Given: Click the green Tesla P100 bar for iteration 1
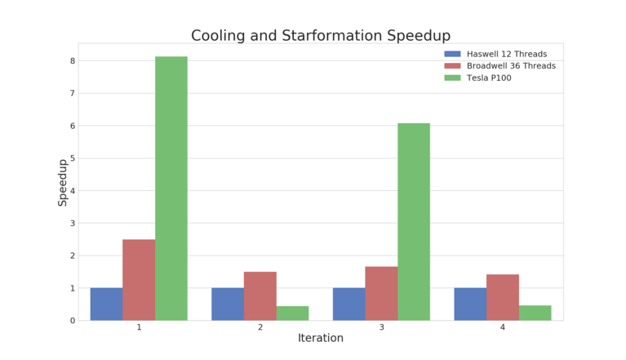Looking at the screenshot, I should point(171,188).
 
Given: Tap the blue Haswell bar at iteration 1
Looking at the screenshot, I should point(106,304).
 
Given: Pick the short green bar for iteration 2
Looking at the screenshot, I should point(292,313).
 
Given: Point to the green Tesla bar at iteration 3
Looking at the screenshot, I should point(414,221).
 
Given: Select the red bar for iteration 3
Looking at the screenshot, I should point(381,293).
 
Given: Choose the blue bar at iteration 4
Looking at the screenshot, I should point(470,304).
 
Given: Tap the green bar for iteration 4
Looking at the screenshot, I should point(535,313).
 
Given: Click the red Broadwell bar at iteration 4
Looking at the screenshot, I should point(503,297).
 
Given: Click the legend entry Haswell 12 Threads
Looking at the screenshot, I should point(506,54).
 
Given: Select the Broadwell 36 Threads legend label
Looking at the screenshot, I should point(511,65).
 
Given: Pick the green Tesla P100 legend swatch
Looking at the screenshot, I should point(452,78).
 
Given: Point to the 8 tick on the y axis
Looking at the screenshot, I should point(72,60).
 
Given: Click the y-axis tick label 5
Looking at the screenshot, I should point(72,158).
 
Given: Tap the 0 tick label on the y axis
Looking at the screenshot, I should point(72,321).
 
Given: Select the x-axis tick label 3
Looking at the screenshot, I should point(381,327).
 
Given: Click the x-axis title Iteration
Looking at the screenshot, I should point(320,338).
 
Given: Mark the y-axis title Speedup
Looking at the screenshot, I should point(63,182).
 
